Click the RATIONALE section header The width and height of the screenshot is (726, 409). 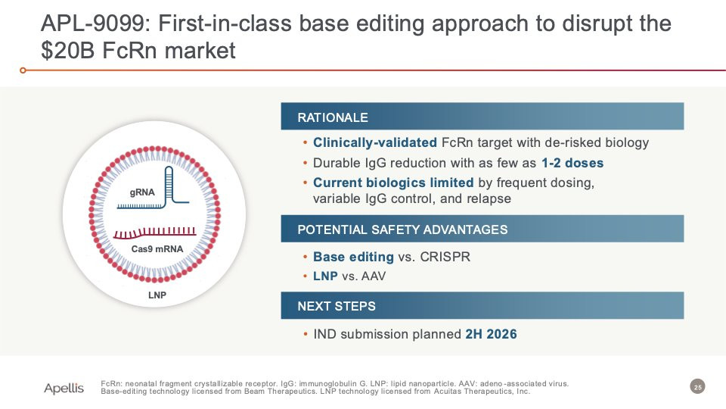(333, 117)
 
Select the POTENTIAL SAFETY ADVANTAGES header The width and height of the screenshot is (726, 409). (402, 229)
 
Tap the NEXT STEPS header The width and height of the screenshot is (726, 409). (337, 306)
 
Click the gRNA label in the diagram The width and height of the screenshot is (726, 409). (142, 192)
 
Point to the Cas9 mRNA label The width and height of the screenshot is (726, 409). (157, 249)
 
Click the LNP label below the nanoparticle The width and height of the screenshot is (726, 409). (157, 295)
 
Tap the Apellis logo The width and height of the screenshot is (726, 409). (64, 388)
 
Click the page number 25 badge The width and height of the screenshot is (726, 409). (697, 387)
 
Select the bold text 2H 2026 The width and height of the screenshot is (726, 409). (491, 334)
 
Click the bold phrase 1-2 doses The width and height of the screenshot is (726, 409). (572, 163)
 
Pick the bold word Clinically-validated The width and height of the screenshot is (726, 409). (374, 143)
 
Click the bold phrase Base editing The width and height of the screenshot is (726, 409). (353, 257)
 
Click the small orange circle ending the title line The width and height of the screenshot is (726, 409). (23, 70)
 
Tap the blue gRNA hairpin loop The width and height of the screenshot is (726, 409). (169, 186)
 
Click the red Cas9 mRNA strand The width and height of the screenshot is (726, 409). (154, 233)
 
